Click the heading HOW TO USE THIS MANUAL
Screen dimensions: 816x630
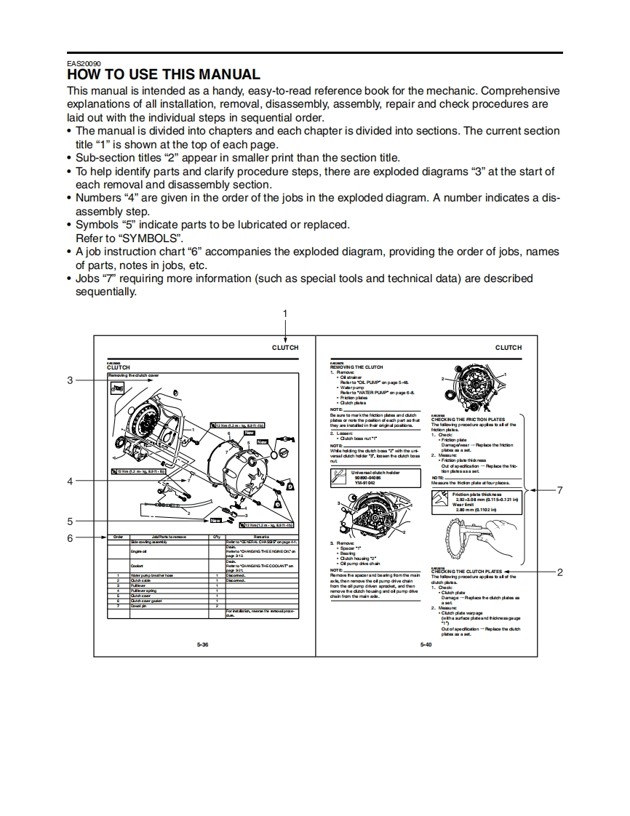[x=163, y=74]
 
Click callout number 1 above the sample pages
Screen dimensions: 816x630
[x=285, y=313]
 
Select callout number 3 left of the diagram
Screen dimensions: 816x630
[x=71, y=380]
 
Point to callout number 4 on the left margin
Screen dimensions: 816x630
[x=71, y=481]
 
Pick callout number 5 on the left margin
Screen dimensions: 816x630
[x=71, y=521]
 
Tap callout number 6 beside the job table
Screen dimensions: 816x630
[x=71, y=538]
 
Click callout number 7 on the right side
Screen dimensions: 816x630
[x=559, y=489]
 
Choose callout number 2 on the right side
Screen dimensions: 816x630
[x=559, y=572]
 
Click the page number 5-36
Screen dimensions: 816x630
[x=203, y=645]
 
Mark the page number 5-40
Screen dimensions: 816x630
[x=426, y=645]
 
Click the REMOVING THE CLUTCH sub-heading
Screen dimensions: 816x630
[x=356, y=367]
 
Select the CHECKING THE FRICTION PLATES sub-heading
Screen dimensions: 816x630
[x=468, y=420]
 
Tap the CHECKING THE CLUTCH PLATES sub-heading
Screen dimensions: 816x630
[x=466, y=572]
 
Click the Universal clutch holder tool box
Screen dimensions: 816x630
[x=375, y=477]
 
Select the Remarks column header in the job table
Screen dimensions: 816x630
[x=261, y=537]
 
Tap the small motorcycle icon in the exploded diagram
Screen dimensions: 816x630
[x=117, y=388]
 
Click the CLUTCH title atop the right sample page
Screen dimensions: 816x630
[x=509, y=348]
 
